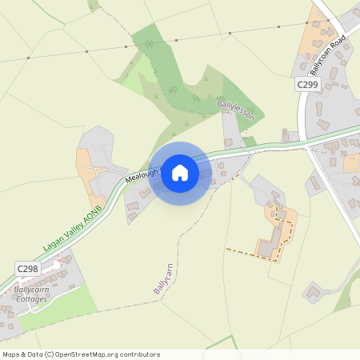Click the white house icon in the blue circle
tap(180, 172)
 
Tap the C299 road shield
tap(307, 85)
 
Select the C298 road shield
tap(27, 270)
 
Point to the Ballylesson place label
tap(235, 110)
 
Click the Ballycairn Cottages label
tap(36, 294)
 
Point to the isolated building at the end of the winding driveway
tap(313, 292)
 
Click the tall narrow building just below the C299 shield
tap(318, 109)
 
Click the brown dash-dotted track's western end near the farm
tap(228, 249)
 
